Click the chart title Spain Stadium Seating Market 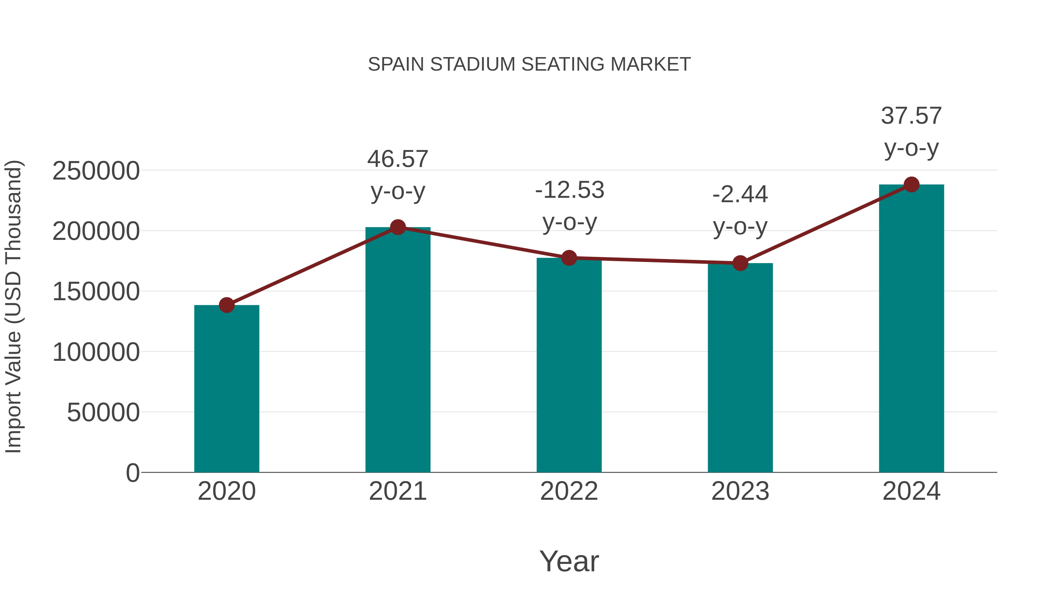tap(529, 64)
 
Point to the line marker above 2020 tap(227, 305)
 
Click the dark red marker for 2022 tap(569, 258)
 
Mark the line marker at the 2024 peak tap(911, 185)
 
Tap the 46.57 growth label tap(397, 159)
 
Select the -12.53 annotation tap(570, 190)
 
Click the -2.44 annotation tap(740, 195)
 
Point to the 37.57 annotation tap(911, 116)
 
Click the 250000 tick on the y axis tap(96, 171)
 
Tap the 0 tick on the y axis tap(132, 473)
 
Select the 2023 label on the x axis tap(740, 491)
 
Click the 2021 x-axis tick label tap(397, 491)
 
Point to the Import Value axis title tap(13, 306)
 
